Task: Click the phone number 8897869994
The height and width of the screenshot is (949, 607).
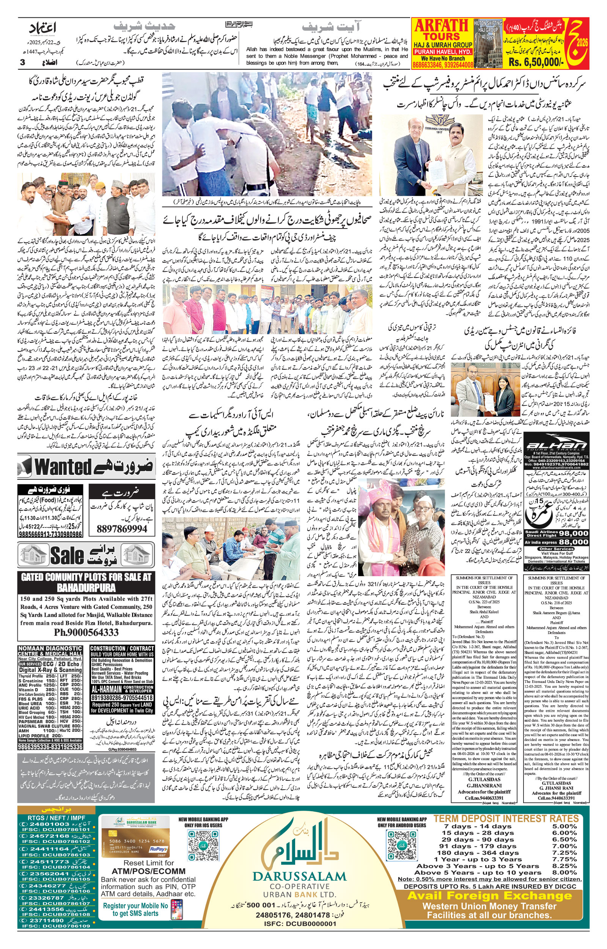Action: tap(122, 529)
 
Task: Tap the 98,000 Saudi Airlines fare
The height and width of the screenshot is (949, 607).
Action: tap(573, 533)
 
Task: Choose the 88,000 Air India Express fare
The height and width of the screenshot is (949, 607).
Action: tap(573, 542)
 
